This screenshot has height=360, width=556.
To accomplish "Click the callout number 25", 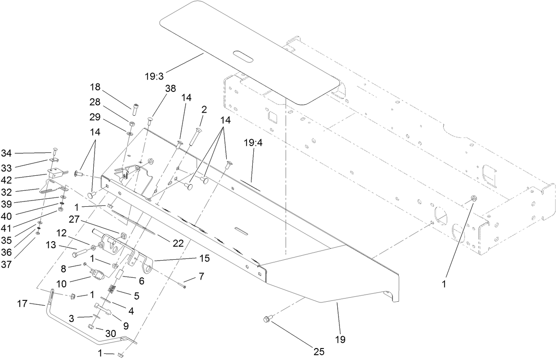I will [x=319, y=352].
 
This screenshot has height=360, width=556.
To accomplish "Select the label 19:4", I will [x=253, y=143].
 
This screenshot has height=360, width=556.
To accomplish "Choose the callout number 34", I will [x=6, y=153].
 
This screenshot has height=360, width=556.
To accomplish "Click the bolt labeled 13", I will [x=76, y=254].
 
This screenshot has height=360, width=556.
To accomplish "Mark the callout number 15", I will [x=204, y=258].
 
